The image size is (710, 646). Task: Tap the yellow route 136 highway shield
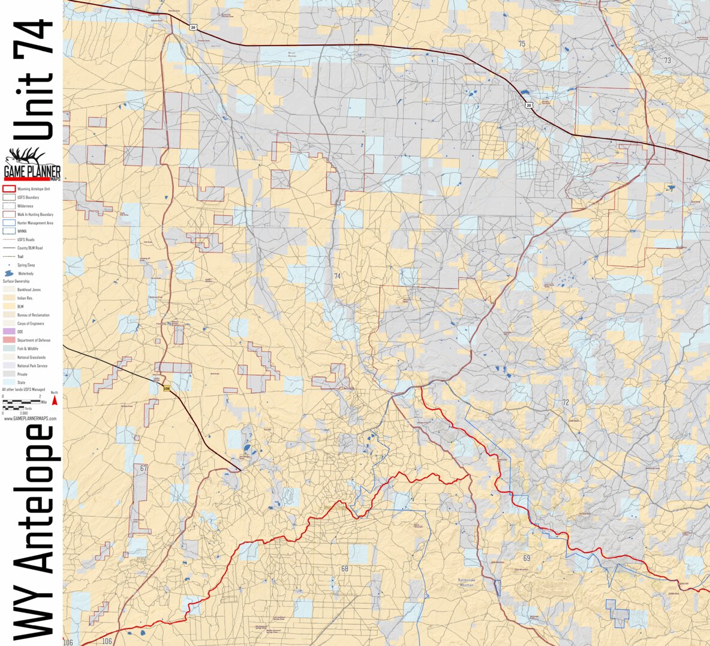point(167,389)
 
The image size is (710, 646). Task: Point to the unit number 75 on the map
point(522,44)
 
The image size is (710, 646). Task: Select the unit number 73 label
point(667,61)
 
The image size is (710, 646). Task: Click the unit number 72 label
point(565,402)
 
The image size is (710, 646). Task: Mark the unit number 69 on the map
point(527,558)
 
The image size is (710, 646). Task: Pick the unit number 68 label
point(345,569)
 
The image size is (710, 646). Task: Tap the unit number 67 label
point(143,468)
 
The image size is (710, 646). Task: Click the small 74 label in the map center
point(337,276)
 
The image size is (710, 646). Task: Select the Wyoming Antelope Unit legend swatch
point(8,189)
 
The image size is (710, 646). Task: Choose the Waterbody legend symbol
point(9,274)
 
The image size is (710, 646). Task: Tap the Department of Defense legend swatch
point(8,340)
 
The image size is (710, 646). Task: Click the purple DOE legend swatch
point(8,332)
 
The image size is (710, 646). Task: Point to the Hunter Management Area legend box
point(8,223)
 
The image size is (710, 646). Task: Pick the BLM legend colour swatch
point(8,307)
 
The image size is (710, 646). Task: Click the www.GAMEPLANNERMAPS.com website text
point(30,419)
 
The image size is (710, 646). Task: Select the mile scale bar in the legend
point(22,400)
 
